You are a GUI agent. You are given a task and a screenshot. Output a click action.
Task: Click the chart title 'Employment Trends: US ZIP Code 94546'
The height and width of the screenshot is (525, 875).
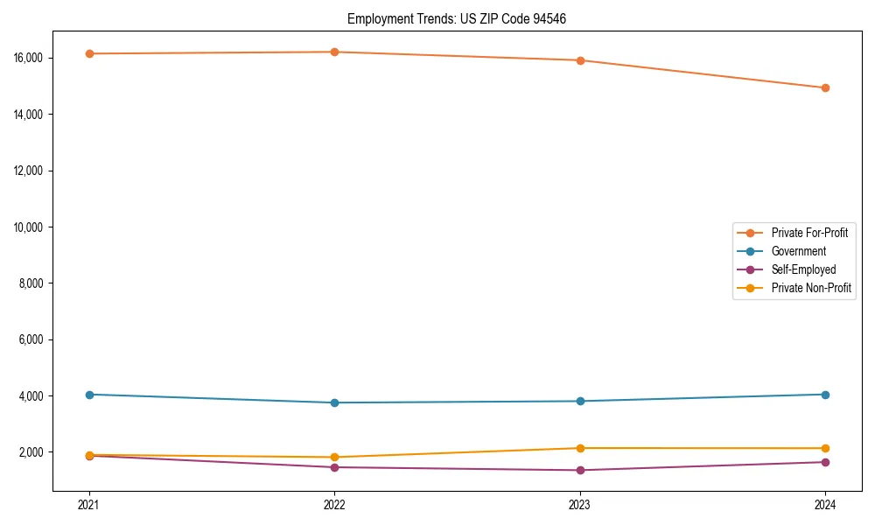pyautogui.click(x=457, y=18)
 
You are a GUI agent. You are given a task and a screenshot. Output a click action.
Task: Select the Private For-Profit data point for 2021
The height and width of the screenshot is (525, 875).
pyautogui.click(x=89, y=53)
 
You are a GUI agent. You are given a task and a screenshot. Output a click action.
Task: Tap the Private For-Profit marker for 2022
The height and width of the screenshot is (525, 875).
pyautogui.click(x=334, y=52)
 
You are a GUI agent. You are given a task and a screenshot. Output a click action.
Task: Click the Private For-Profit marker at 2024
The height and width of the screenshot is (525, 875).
pyautogui.click(x=825, y=87)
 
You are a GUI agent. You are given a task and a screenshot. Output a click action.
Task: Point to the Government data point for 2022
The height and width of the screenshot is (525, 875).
pyautogui.click(x=334, y=402)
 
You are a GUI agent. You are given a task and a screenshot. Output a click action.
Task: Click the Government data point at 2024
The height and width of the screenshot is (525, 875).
pyautogui.click(x=825, y=395)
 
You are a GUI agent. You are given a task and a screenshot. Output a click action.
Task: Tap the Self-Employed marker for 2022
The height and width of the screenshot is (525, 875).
pyautogui.click(x=334, y=467)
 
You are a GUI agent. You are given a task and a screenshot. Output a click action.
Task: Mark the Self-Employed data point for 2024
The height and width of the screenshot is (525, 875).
pyautogui.click(x=825, y=462)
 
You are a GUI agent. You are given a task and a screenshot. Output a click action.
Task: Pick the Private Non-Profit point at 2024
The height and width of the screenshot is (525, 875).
pyautogui.click(x=825, y=448)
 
